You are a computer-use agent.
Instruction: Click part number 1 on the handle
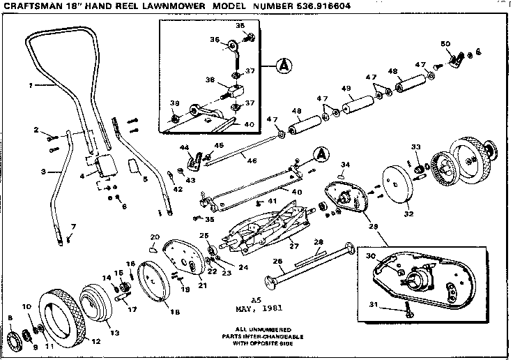click(31, 86)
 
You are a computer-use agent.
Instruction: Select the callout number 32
click(408, 214)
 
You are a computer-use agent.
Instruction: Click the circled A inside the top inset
click(283, 67)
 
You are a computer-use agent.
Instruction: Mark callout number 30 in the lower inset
click(372, 257)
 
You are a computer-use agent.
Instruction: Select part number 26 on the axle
click(277, 262)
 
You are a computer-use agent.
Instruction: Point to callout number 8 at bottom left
click(10, 318)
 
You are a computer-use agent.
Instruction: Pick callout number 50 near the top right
click(445, 44)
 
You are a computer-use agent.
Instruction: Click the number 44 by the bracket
click(184, 148)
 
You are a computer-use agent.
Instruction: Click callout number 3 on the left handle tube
click(43, 171)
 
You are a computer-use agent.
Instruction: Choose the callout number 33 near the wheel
click(416, 147)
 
